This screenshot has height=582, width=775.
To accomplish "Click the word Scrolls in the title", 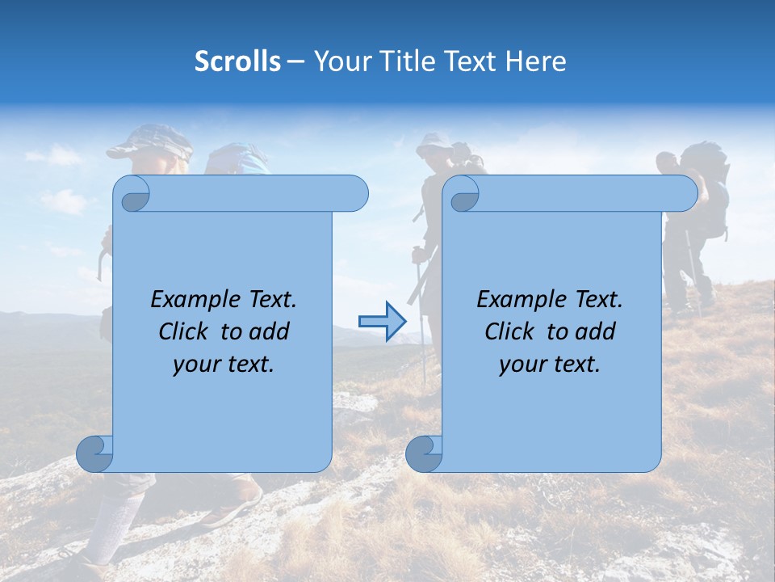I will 237,61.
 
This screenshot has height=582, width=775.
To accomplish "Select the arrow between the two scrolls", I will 382,322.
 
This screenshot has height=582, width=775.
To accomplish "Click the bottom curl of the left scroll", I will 94,453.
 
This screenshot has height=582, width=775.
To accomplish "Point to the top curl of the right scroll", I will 463,195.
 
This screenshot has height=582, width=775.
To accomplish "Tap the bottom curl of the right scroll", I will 423,453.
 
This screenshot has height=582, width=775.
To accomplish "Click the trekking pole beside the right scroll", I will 421,323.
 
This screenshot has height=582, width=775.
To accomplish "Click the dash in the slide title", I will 296,61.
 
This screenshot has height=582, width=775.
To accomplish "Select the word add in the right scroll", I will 596,331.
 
